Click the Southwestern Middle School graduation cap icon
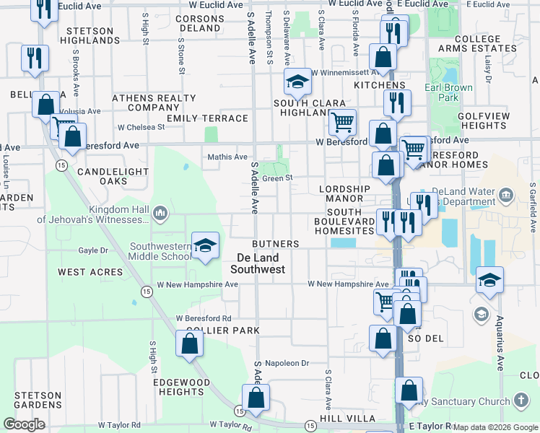pyautogui.click(x=205, y=245)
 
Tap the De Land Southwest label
pyautogui.click(x=258, y=263)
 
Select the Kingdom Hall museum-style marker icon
pyautogui.click(x=160, y=212)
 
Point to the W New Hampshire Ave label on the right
pyautogui.click(x=349, y=284)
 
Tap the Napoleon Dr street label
pyautogui.click(x=287, y=364)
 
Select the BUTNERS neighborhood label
pyautogui.click(x=275, y=245)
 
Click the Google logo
pyautogui.click(x=24, y=424)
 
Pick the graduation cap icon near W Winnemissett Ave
pyautogui.click(x=297, y=83)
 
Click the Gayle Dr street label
pyautogui.click(x=93, y=250)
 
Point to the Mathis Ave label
pyautogui.click(x=227, y=157)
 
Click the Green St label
pyautogui.click(x=276, y=178)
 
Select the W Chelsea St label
pyautogui.click(x=141, y=127)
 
